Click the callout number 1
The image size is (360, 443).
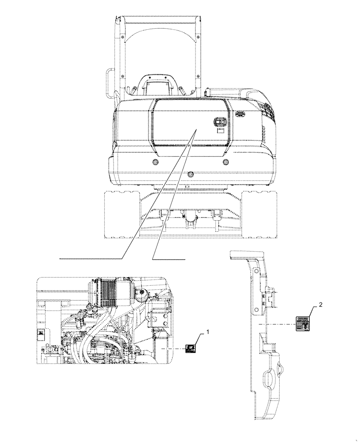click(205, 332)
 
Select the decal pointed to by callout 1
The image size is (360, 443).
click(191, 349)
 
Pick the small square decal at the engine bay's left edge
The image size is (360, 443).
click(41, 333)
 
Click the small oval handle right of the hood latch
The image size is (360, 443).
click(240, 115)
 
